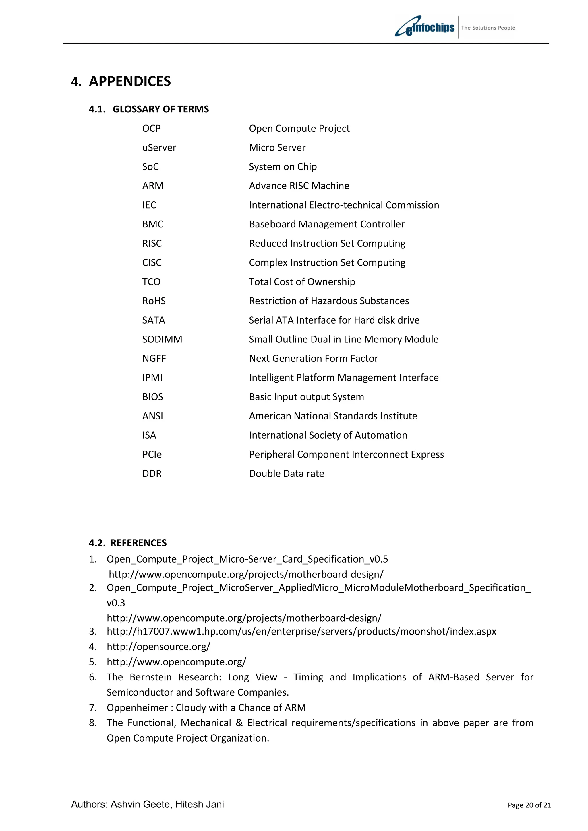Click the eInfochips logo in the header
pyautogui.click(x=425, y=27)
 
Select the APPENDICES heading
pyautogui.click(x=130, y=81)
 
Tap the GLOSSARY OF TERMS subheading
pyautogui.click(x=160, y=109)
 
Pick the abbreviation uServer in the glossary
pyautogui.click(x=159, y=148)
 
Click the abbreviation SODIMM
pyautogui.click(x=162, y=340)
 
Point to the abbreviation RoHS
pyautogui.click(x=154, y=301)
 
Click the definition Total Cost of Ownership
pyautogui.click(x=302, y=282)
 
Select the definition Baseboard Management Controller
pyautogui.click(x=326, y=224)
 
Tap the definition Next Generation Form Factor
pyautogui.click(x=314, y=359)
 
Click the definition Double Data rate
pyautogui.click(x=286, y=474)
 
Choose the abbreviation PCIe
pyautogui.click(x=152, y=455)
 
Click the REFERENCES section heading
pyautogui.click(x=138, y=543)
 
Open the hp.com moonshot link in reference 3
pyautogui.click(x=301, y=632)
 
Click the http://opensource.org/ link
pyautogui.click(x=158, y=647)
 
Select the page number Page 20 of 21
pyautogui.click(x=529, y=805)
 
